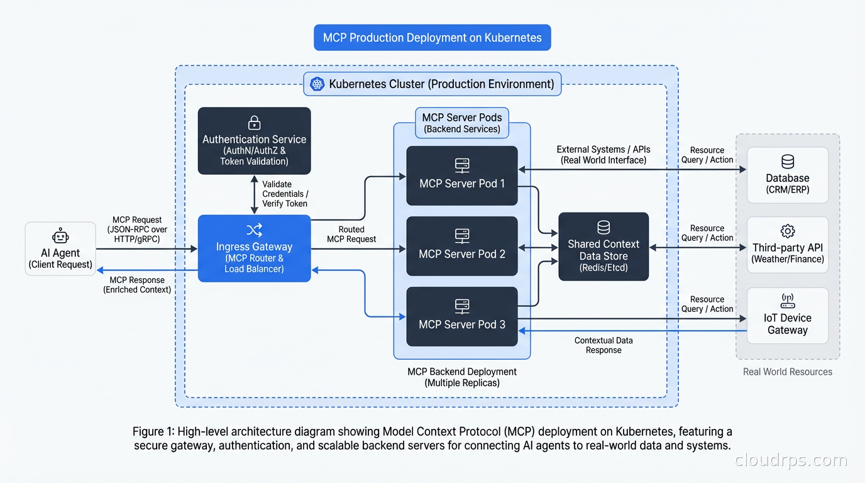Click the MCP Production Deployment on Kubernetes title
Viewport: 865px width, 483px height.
pyautogui.click(x=432, y=38)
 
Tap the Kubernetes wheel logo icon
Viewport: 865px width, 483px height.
pyautogui.click(x=316, y=84)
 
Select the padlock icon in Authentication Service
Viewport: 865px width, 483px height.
pyautogui.click(x=255, y=122)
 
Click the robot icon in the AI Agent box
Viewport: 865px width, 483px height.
pyautogui.click(x=60, y=237)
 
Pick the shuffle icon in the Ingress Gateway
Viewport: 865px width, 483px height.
pyautogui.click(x=255, y=230)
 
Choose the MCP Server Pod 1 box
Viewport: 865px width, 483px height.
pyautogui.click(x=462, y=175)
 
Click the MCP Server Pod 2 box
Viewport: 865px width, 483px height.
pyautogui.click(x=462, y=246)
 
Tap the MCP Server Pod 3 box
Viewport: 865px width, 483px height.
pyautogui.click(x=462, y=316)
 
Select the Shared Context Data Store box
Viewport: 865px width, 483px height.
pyautogui.click(x=603, y=247)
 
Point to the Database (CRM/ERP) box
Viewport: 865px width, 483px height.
pyautogui.click(x=788, y=175)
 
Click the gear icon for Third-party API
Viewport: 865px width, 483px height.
pyautogui.click(x=788, y=231)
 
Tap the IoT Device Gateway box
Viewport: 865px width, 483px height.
pyautogui.click(x=788, y=316)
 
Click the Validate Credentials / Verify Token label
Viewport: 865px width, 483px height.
pyautogui.click(x=285, y=194)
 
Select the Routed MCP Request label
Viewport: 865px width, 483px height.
pyautogui.click(x=351, y=234)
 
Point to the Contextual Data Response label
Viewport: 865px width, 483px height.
pyautogui.click(x=603, y=345)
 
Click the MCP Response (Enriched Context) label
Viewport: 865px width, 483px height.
pyautogui.click(x=137, y=285)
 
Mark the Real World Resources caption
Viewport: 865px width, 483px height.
pyautogui.click(x=788, y=372)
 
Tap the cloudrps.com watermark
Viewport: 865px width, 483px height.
pyautogui.click(x=791, y=460)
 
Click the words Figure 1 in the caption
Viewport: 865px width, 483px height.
pyautogui.click(x=153, y=432)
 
